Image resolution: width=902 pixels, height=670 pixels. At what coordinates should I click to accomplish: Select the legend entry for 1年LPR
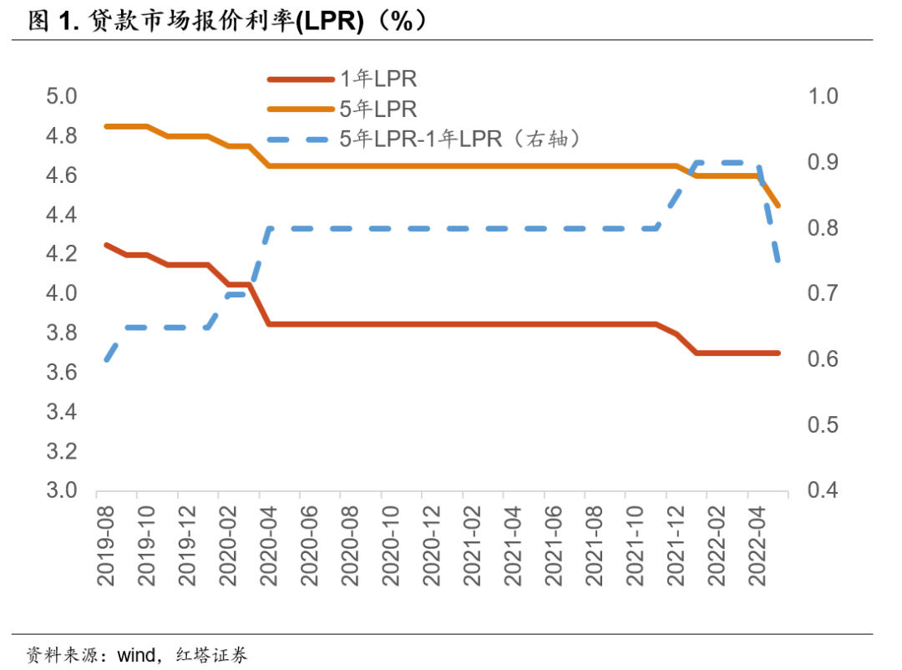(x=378, y=80)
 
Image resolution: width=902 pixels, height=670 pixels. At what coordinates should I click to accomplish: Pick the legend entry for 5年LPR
(x=378, y=109)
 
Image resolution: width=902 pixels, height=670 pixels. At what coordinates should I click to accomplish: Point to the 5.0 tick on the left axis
(x=60, y=97)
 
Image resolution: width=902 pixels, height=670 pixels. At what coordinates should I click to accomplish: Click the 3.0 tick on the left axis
(x=60, y=490)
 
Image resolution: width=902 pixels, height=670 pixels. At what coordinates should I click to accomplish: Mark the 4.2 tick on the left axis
(x=60, y=254)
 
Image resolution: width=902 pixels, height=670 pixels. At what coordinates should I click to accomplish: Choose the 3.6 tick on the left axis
(x=60, y=373)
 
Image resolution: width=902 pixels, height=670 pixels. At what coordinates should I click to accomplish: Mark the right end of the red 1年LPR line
(x=778, y=353)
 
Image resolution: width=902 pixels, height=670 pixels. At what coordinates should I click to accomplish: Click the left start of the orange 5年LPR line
(x=106, y=126)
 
